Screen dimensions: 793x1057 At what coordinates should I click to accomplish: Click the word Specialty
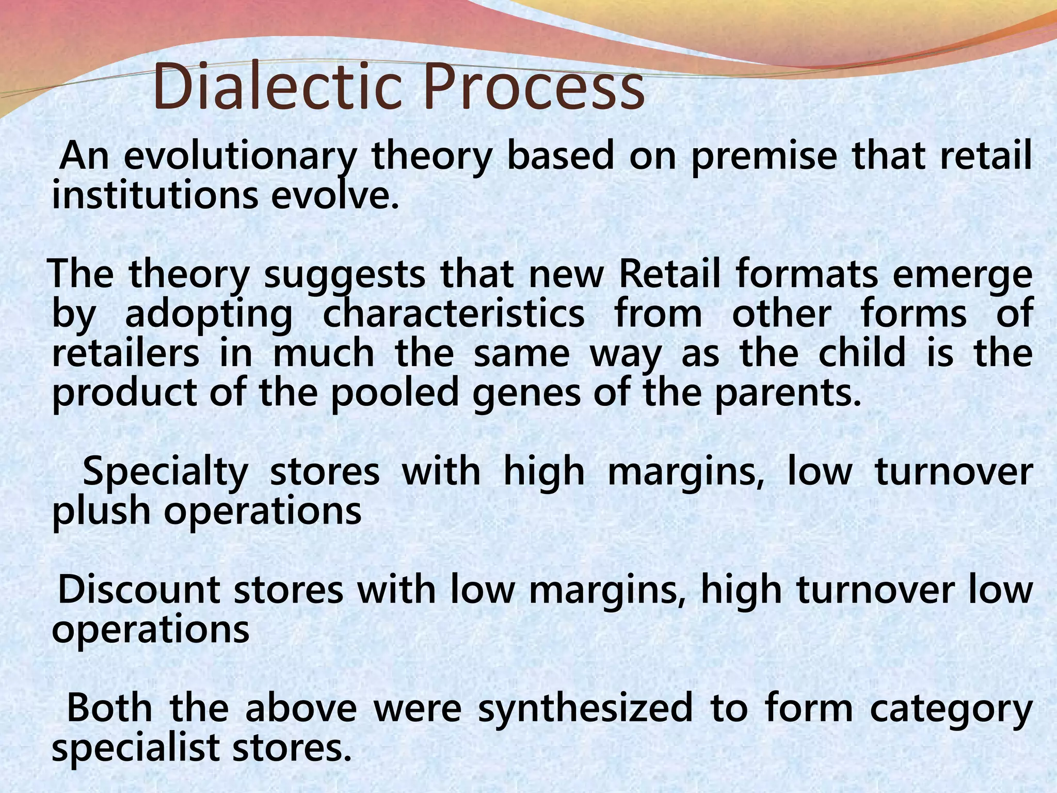(x=165, y=473)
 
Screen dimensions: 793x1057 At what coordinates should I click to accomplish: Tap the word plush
(x=101, y=512)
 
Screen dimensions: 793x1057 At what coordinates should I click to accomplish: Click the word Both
(x=109, y=708)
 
